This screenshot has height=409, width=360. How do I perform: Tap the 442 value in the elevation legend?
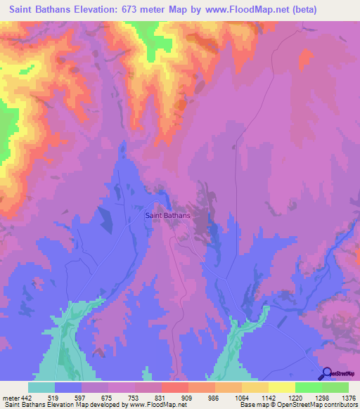tap(27, 398)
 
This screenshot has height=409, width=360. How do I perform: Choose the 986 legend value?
tap(214, 398)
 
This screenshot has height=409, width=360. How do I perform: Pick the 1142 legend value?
tap(268, 398)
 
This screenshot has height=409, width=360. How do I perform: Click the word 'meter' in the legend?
tap(11, 398)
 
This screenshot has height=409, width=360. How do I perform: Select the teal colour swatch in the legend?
tap(41, 387)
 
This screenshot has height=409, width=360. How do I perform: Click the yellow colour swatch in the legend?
tap(282, 387)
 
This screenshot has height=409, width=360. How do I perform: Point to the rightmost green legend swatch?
tap(335, 387)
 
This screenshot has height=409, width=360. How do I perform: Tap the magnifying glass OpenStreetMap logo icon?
tap(326, 374)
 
